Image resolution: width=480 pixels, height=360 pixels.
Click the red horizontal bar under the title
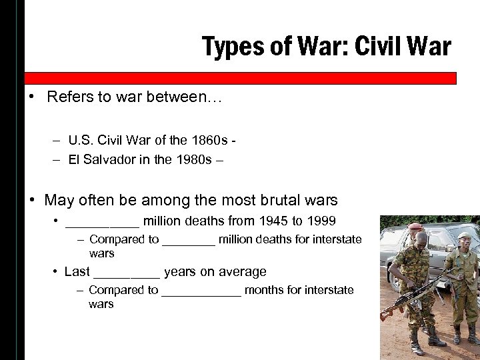pos(240,78)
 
